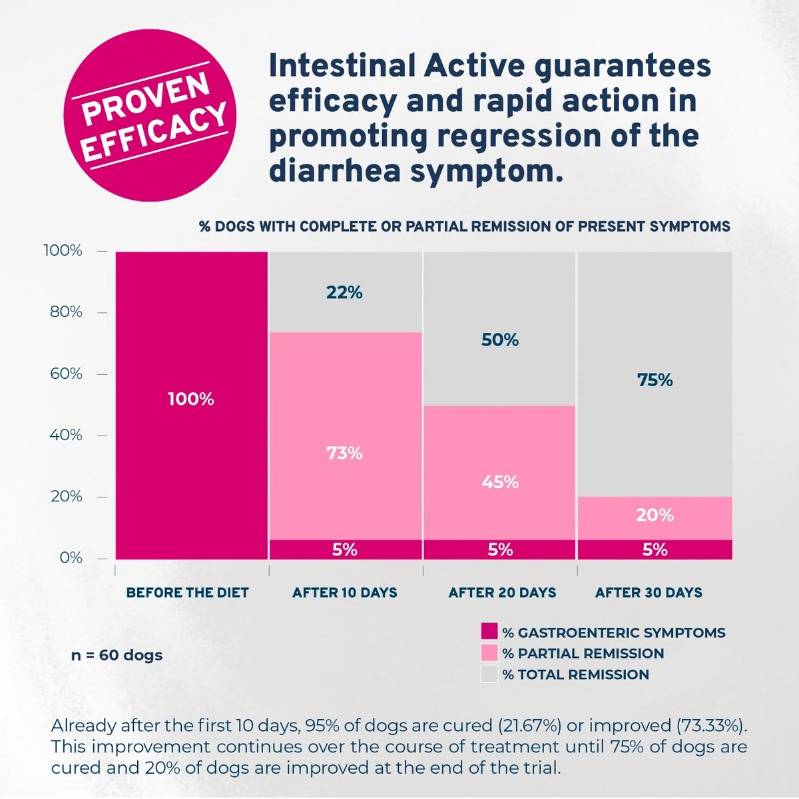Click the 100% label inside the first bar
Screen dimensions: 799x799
pyautogui.click(x=191, y=400)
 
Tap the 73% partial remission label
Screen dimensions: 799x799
pyautogui.click(x=344, y=453)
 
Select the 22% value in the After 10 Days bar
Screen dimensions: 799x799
pyautogui.click(x=344, y=292)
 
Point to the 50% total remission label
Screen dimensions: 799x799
pyautogui.click(x=500, y=340)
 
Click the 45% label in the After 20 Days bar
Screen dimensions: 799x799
pyautogui.click(x=500, y=482)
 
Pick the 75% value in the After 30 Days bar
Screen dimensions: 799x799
pyautogui.click(x=655, y=380)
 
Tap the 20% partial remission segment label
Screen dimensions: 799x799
pyautogui.click(x=655, y=515)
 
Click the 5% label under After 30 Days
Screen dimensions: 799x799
pyautogui.click(x=655, y=549)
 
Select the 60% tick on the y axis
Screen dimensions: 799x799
pyautogui.click(x=67, y=374)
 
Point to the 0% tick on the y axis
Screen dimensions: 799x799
pyautogui.click(x=71, y=558)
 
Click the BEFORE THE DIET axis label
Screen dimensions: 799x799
pyautogui.click(x=187, y=593)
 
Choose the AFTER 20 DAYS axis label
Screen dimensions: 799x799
pyautogui.click(x=502, y=593)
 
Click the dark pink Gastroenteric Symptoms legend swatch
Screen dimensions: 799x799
pyautogui.click(x=489, y=631)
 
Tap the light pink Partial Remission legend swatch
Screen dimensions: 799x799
pyautogui.click(x=489, y=653)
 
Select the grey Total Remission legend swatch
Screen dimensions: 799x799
pyautogui.click(x=489, y=674)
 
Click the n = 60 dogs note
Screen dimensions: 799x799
pyautogui.click(x=117, y=655)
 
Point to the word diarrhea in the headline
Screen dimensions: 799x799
pyautogui.click(x=335, y=170)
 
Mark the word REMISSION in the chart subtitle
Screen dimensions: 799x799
pyautogui.click(x=511, y=226)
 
